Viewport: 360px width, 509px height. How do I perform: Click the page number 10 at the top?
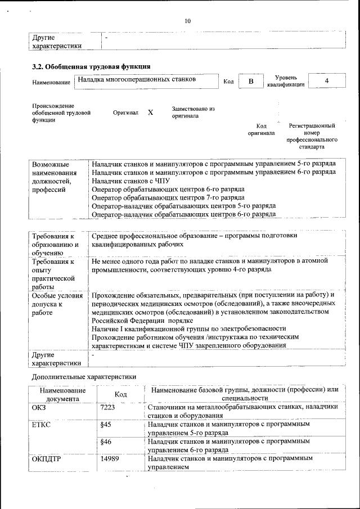(x=187, y=21)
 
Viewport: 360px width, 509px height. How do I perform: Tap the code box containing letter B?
(x=251, y=82)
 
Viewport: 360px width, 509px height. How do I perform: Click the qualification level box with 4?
(x=327, y=82)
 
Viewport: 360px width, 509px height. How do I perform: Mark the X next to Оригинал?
(x=150, y=112)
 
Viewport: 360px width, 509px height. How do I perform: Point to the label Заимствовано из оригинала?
(x=193, y=112)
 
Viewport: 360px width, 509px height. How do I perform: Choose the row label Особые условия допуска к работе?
(x=56, y=304)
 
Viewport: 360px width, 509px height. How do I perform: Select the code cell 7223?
(x=107, y=407)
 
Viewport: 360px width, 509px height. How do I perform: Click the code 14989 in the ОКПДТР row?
(x=109, y=459)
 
